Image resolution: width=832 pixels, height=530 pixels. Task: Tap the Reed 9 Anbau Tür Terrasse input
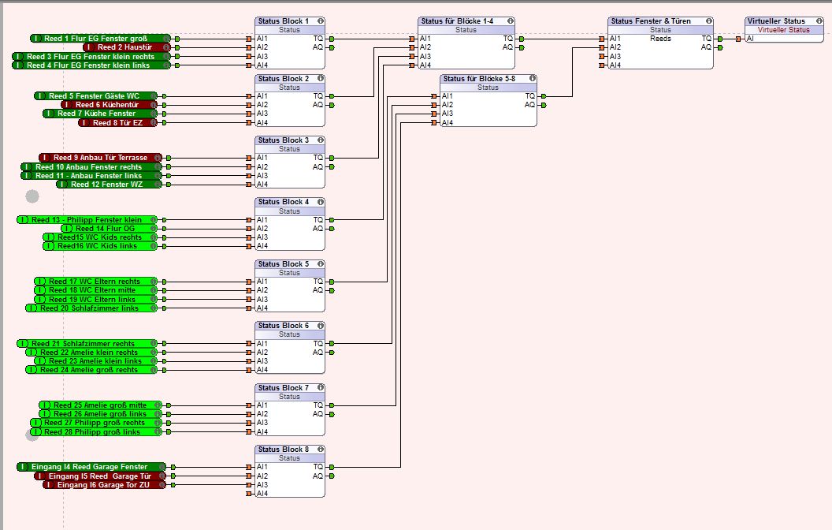click(x=100, y=158)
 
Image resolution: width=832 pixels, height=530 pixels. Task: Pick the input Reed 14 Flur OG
click(x=109, y=229)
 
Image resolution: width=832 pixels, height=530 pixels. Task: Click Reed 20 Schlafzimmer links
click(x=92, y=308)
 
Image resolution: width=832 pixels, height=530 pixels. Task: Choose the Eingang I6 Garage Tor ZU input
click(x=104, y=484)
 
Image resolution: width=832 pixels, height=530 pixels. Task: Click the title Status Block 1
click(x=284, y=21)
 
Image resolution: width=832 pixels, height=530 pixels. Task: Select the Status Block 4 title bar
click(x=284, y=202)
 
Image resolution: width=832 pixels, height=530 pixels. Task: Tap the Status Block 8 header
click(x=284, y=450)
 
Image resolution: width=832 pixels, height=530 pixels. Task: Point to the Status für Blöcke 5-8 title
click(x=482, y=79)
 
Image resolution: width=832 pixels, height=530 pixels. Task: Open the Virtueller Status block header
click(x=777, y=21)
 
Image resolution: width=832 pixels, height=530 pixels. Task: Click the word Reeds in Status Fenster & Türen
click(x=660, y=39)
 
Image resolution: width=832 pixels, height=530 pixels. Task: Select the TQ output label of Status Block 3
click(x=318, y=159)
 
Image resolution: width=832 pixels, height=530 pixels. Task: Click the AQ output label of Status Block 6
click(x=318, y=352)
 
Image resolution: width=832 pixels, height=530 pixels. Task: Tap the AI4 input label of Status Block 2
click(x=262, y=123)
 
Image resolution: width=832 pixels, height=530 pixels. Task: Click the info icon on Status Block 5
click(x=321, y=264)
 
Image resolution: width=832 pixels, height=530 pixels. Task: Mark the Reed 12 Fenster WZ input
click(x=106, y=185)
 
